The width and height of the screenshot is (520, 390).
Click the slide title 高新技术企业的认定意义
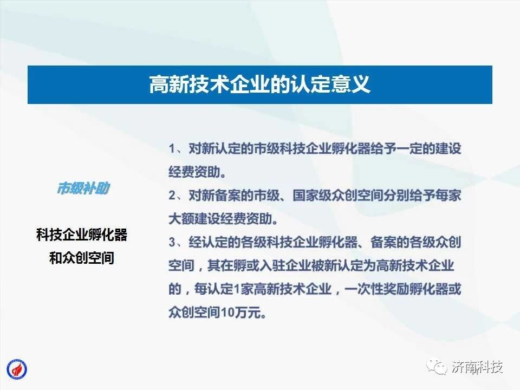point(259,84)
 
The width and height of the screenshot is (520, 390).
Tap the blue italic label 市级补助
point(83,188)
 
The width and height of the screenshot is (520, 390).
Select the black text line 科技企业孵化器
point(82,235)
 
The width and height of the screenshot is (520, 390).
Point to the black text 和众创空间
point(82,258)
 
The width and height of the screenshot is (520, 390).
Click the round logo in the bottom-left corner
point(17,369)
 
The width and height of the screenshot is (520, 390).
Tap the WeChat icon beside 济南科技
point(437,367)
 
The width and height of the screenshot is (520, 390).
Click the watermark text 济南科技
point(477,367)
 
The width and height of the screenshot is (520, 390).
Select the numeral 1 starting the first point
point(172,148)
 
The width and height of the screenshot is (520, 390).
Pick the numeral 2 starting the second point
point(172,196)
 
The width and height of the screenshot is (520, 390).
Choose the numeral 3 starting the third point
point(172,242)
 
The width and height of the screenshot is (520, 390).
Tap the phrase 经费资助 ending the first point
point(194,172)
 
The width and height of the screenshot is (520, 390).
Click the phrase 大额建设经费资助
point(220,219)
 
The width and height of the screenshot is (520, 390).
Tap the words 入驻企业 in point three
point(285,265)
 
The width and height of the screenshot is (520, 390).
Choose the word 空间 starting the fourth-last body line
point(181,265)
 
